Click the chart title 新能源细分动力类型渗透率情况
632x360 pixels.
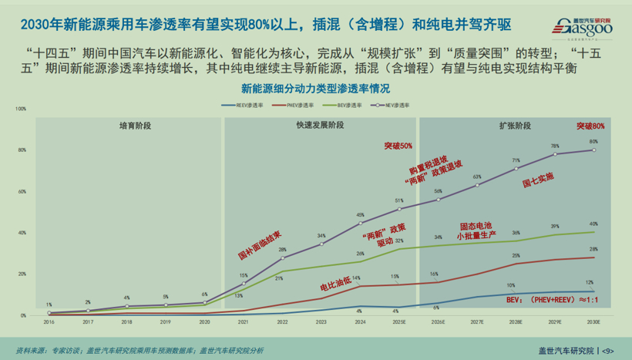point(315,89)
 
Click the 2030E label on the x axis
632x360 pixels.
point(593,322)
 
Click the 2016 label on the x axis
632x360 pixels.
point(49,322)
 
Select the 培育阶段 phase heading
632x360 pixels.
point(135,125)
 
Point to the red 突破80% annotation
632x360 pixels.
point(590,126)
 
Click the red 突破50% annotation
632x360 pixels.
point(398,146)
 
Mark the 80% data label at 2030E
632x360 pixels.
point(593,142)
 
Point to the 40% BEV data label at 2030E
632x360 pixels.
point(593,224)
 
